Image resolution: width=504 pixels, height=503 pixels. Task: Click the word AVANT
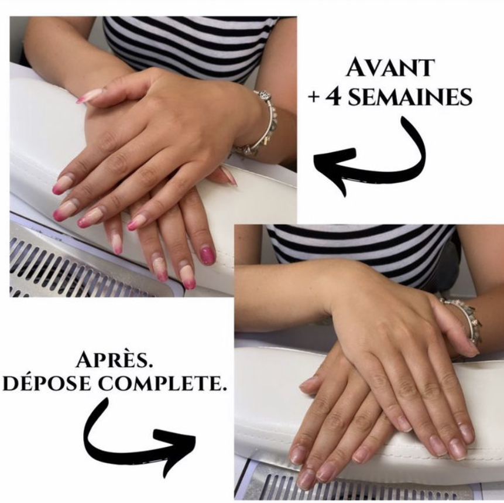click(390, 68)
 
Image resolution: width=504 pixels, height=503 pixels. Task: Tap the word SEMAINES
click(410, 97)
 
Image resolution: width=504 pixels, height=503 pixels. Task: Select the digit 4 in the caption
click(334, 97)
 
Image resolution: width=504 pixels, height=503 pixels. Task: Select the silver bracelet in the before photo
click(260, 125)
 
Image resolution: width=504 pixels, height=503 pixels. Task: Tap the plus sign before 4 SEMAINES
click(313, 98)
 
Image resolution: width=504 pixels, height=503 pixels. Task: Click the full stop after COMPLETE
click(220, 389)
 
